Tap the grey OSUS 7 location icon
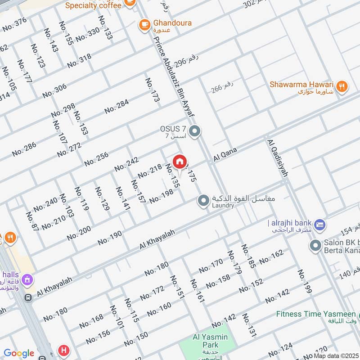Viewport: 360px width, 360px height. pos(195,132)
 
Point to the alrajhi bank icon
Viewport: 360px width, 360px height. pos(320,224)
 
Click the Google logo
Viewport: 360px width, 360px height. pos(19,353)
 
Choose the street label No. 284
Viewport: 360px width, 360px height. pos(117,107)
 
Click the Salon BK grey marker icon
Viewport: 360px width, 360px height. pos(315,246)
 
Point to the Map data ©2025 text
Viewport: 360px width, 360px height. pos(336,355)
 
